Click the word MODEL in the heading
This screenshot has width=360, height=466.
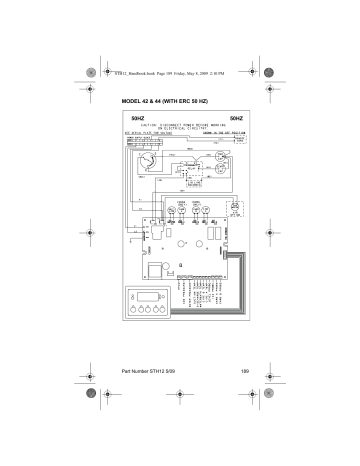tap(132, 103)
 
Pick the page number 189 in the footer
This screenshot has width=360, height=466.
tap(243, 372)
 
